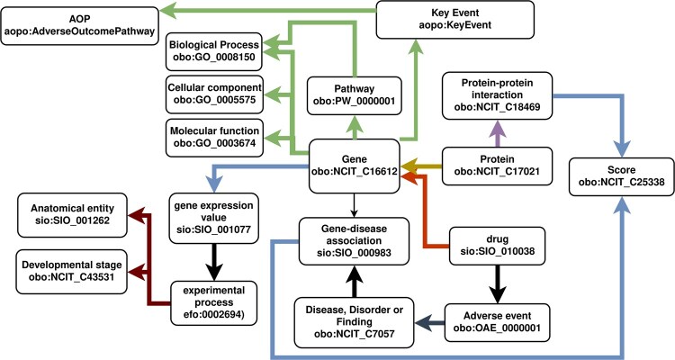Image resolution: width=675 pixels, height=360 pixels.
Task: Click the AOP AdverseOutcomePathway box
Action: pyautogui.click(x=79, y=26)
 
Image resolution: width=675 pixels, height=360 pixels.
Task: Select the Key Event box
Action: pyautogui.click(x=455, y=20)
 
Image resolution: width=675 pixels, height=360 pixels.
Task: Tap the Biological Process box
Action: pyautogui.click(x=214, y=51)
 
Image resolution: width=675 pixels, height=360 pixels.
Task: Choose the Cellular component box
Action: pyautogui.click(x=214, y=94)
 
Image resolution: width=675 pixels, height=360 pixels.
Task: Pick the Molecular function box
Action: pyautogui.click(x=214, y=138)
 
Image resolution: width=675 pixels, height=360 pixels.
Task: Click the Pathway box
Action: pyautogui.click(x=355, y=95)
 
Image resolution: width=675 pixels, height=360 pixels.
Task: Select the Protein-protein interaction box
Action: pyautogui.click(x=497, y=95)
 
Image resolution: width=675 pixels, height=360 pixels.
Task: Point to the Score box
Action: pyautogui.click(x=621, y=176)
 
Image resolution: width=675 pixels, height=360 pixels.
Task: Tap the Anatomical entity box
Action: pyautogui.click(x=72, y=215)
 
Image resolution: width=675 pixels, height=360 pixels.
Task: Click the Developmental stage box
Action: pyautogui.click(x=72, y=271)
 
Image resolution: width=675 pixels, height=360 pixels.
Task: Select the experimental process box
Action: pyautogui.click(x=214, y=302)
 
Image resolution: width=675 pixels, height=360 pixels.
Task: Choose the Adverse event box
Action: pyautogui.click(x=497, y=322)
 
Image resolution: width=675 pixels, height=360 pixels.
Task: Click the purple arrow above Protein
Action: pyautogui.click(x=497, y=133)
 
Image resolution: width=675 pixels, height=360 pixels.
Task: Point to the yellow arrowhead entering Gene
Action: pyautogui.click(x=408, y=166)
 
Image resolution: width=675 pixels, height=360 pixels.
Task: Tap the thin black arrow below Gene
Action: pyautogui.click(x=354, y=205)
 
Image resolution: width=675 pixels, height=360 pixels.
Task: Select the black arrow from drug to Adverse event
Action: pyautogui.click(x=497, y=284)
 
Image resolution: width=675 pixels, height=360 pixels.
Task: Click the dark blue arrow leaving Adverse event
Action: pyautogui.click(x=429, y=322)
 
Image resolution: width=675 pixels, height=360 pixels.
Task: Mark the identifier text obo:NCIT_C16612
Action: pyautogui.click(x=355, y=171)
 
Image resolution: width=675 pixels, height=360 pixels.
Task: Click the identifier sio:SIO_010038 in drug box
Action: pyautogui.click(x=497, y=250)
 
